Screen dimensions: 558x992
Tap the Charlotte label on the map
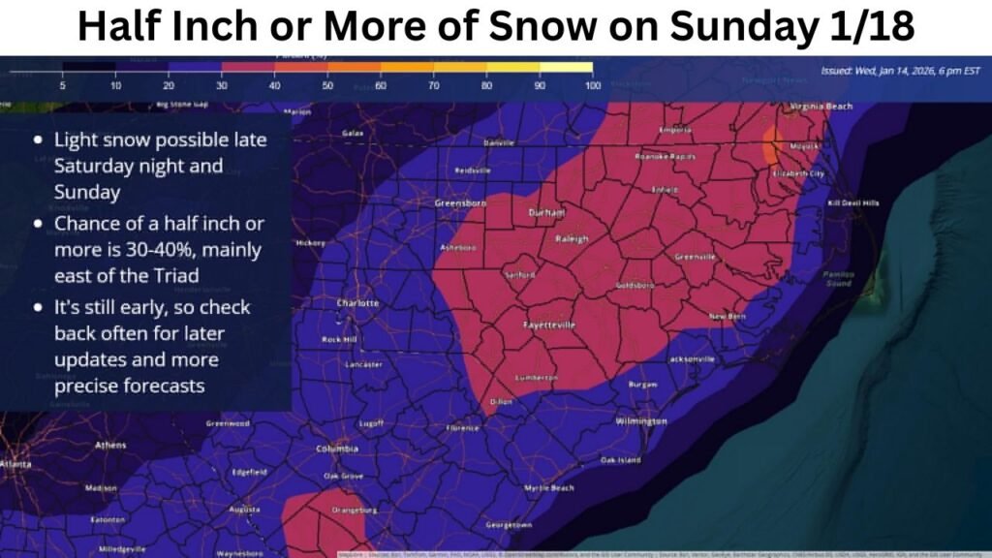point(356,303)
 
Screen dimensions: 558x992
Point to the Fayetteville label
point(549,325)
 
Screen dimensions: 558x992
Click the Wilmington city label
point(640,421)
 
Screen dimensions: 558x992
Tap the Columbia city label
point(337,449)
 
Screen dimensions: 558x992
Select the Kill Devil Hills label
point(852,203)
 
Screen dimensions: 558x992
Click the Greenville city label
point(695,257)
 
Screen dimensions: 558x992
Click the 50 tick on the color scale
point(327,86)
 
